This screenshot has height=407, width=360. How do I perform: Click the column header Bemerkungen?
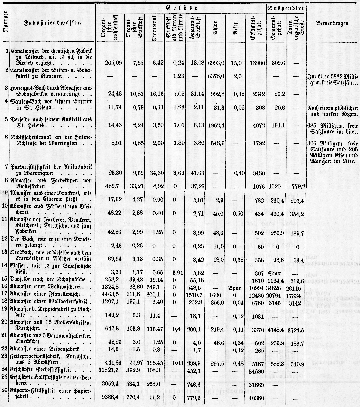332,23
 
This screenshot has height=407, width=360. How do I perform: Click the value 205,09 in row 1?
109,62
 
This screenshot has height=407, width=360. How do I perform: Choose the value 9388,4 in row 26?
109,396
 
